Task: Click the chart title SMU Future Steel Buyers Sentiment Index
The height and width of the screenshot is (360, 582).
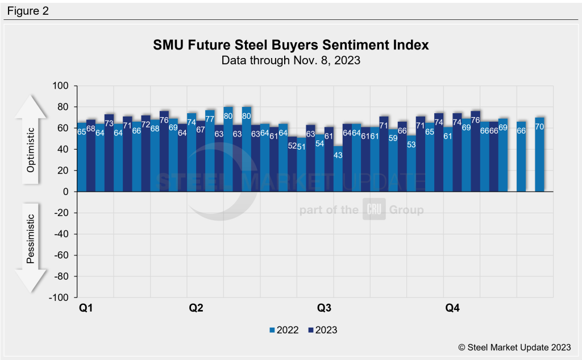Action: tap(290, 45)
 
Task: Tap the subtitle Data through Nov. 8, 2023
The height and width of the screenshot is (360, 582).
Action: tap(290, 60)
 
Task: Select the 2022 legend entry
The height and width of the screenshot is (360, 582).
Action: tap(283, 329)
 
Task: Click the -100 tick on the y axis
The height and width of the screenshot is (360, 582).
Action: tap(59, 297)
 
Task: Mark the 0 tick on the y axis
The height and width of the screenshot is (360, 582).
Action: tap(65, 192)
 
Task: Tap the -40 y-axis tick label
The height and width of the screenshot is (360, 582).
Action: tap(61, 234)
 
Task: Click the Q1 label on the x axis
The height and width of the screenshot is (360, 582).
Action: tap(86, 308)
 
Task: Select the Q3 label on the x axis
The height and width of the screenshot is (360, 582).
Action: tap(325, 308)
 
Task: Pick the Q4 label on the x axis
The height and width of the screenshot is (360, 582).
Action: tap(452, 308)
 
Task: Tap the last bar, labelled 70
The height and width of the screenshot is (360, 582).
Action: tap(540, 156)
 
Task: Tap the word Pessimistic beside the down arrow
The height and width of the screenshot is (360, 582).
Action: tap(31, 239)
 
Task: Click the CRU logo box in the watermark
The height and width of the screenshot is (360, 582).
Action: tap(375, 210)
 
